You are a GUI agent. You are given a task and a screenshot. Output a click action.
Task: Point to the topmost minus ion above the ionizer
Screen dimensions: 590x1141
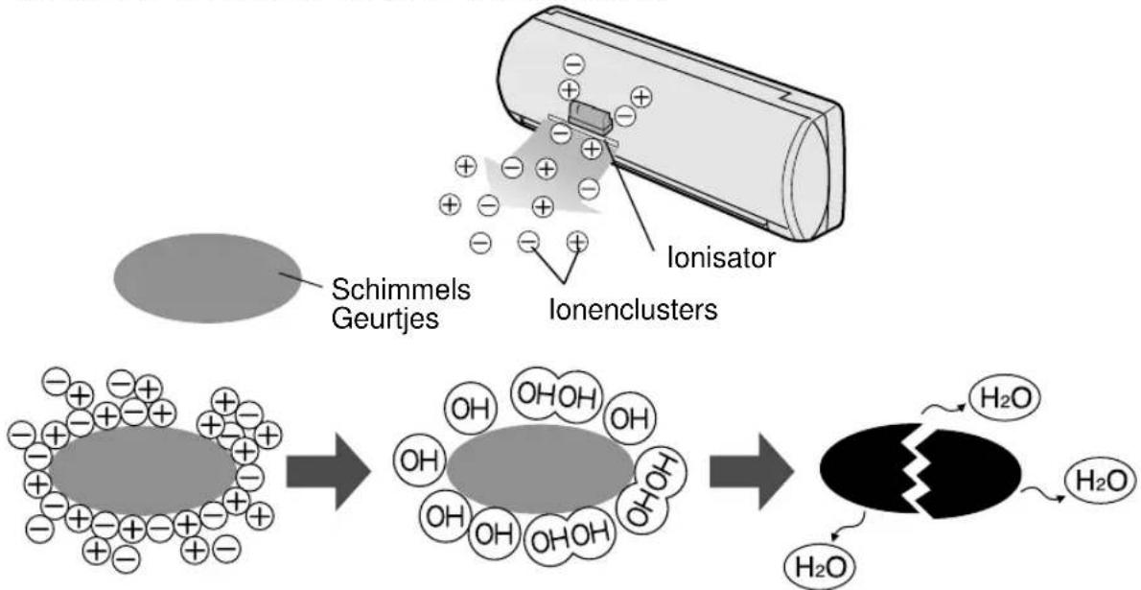[x=572, y=65]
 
